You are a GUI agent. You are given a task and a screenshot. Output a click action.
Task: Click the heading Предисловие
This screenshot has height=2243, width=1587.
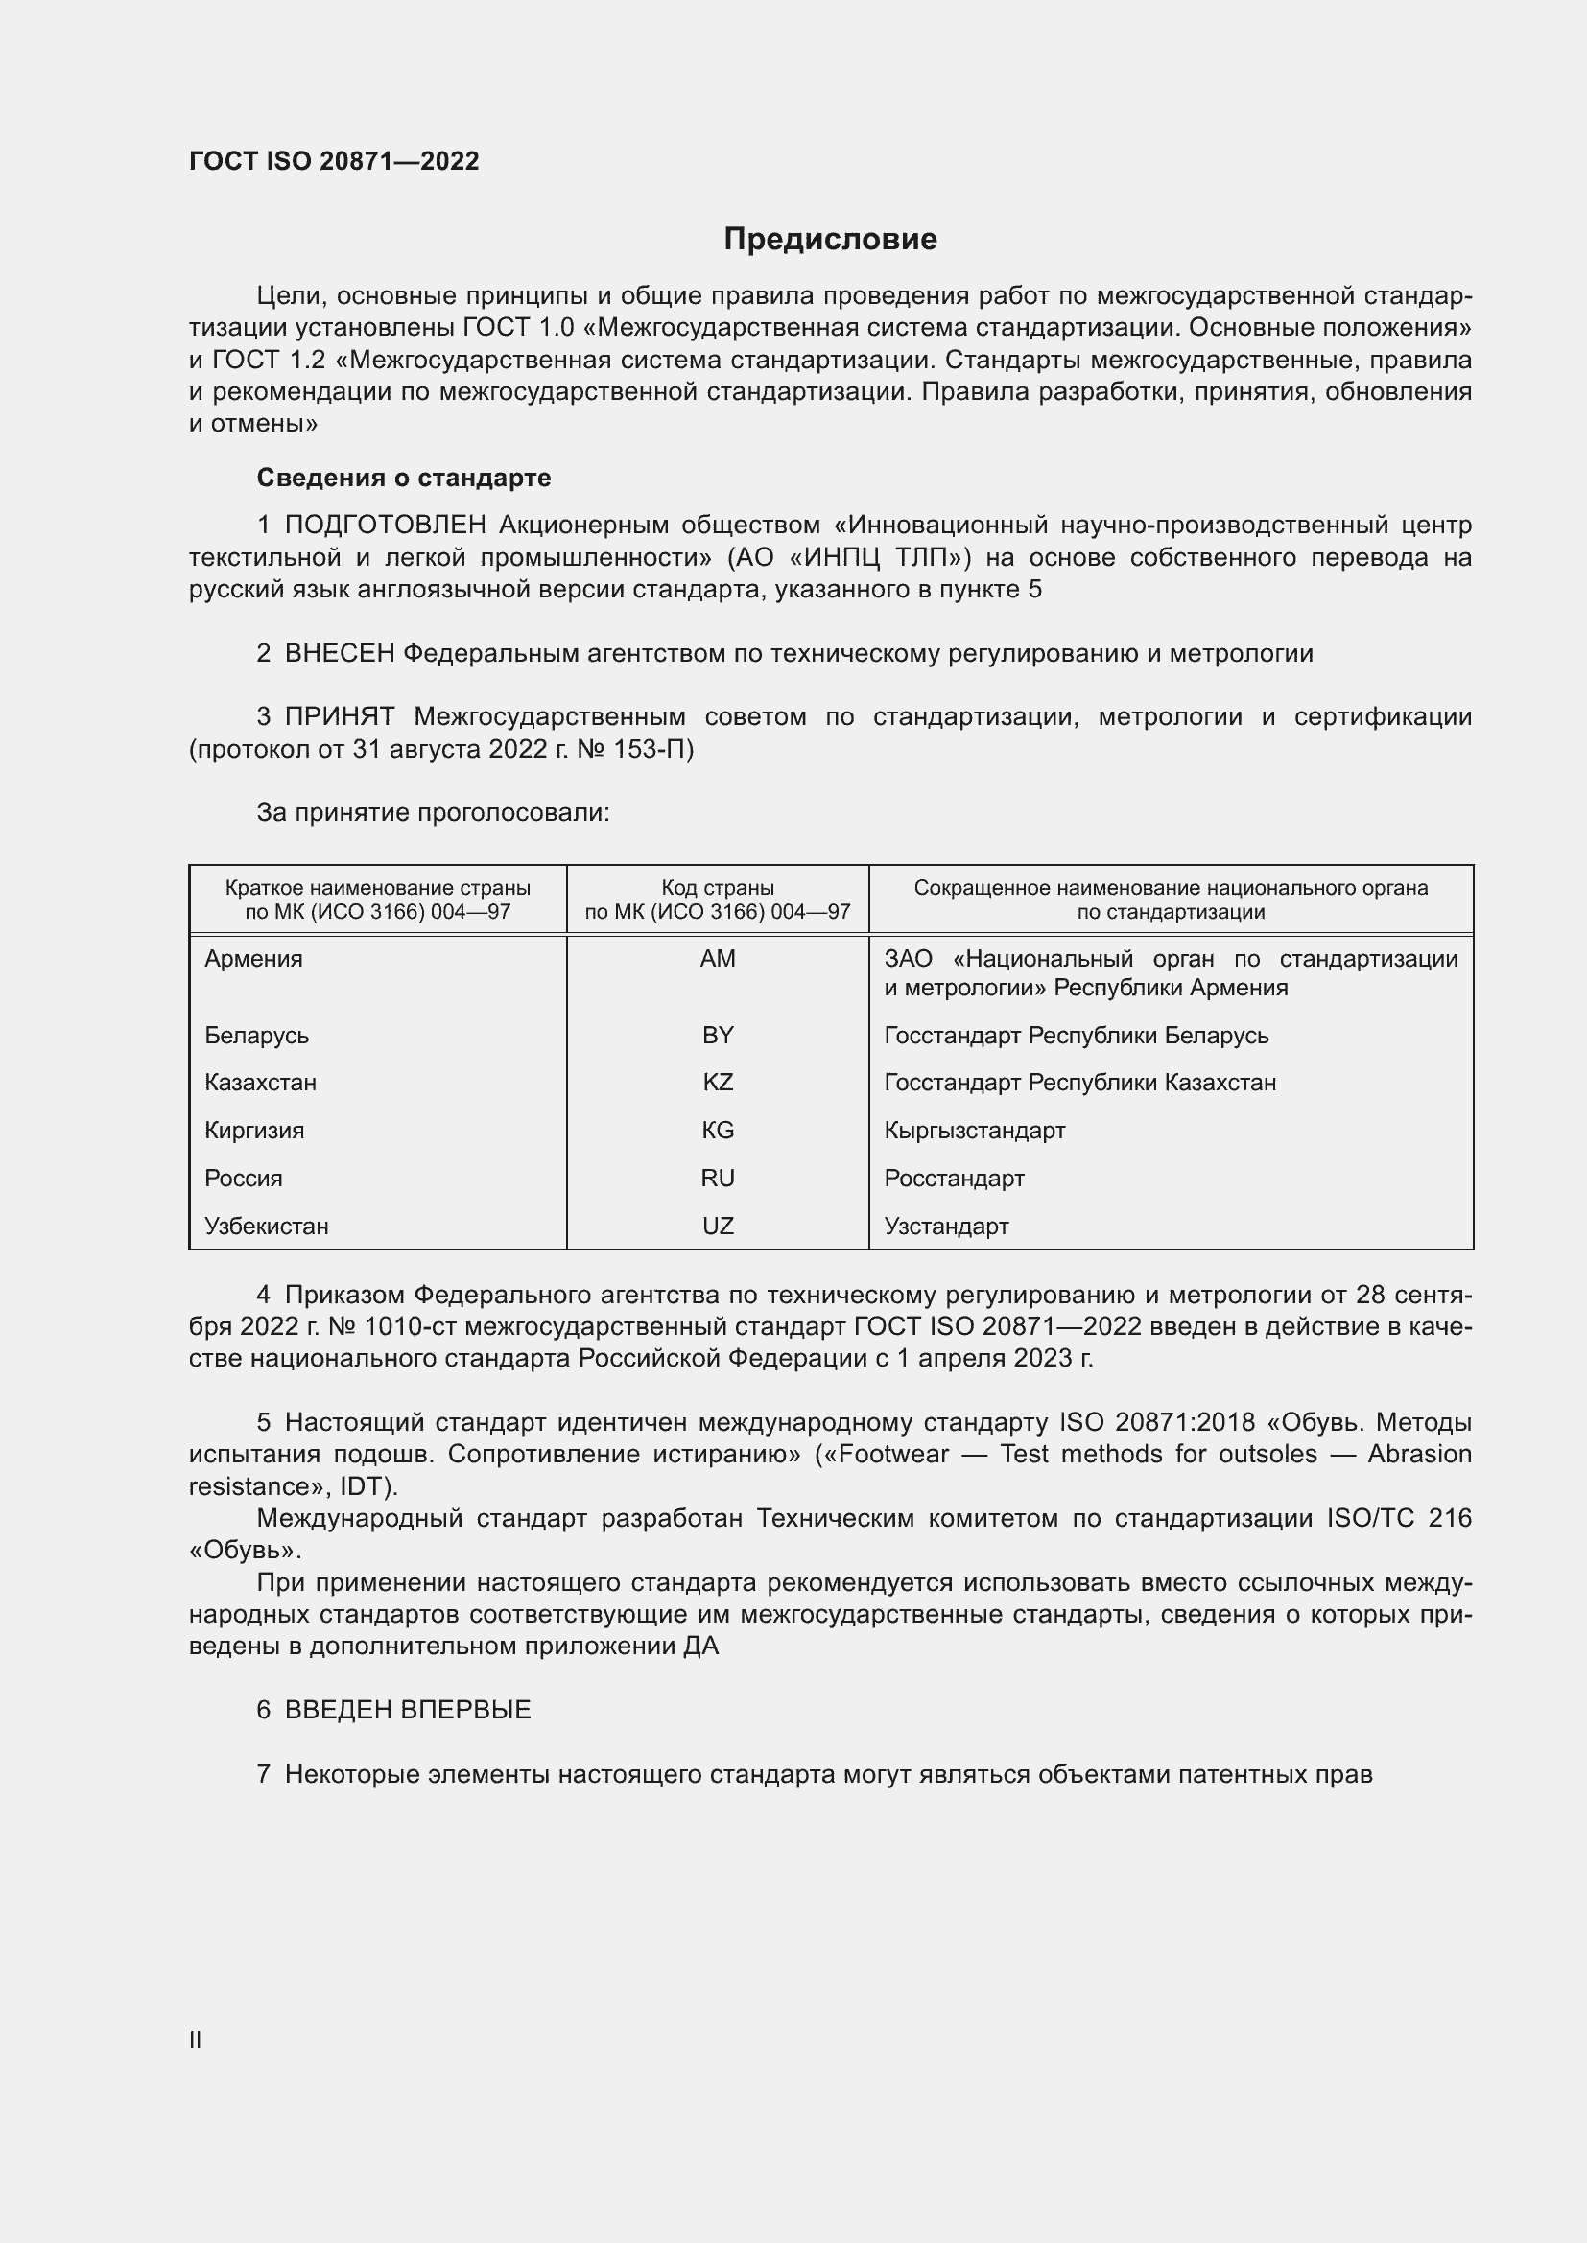(x=830, y=240)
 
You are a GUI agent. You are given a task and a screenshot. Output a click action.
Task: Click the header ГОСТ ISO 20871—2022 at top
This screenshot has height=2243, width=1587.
(x=334, y=161)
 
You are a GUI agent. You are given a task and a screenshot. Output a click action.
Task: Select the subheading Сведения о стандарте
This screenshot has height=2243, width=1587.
(x=404, y=478)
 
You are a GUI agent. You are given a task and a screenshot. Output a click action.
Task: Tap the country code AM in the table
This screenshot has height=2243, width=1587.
(x=718, y=958)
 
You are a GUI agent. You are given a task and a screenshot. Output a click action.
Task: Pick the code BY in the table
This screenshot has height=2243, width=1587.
(x=718, y=1035)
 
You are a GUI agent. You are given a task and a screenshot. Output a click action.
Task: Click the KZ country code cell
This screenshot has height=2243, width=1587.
(x=718, y=1083)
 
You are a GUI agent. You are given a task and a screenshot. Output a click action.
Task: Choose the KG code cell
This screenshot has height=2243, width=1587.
(x=718, y=1131)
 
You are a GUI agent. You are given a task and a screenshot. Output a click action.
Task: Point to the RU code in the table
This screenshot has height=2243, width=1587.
(x=718, y=1179)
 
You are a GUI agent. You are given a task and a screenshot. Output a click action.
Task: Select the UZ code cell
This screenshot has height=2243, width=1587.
(x=718, y=1227)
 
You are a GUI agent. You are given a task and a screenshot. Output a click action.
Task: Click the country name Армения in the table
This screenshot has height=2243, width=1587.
(x=254, y=958)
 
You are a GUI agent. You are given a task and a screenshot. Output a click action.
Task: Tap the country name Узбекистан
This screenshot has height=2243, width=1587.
(x=267, y=1227)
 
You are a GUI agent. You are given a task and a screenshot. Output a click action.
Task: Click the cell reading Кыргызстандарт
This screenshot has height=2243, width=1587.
(x=974, y=1131)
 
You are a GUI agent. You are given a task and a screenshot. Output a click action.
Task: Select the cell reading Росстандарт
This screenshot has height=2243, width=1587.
(x=954, y=1179)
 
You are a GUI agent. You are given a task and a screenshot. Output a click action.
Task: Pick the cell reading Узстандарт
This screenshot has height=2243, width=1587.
(x=946, y=1227)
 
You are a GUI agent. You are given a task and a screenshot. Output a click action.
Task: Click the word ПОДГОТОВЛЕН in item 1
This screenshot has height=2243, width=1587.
(x=385, y=526)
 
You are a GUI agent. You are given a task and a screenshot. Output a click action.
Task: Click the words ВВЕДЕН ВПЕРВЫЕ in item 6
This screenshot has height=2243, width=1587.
(x=408, y=1710)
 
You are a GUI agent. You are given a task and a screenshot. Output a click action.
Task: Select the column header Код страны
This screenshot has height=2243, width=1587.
(x=718, y=888)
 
